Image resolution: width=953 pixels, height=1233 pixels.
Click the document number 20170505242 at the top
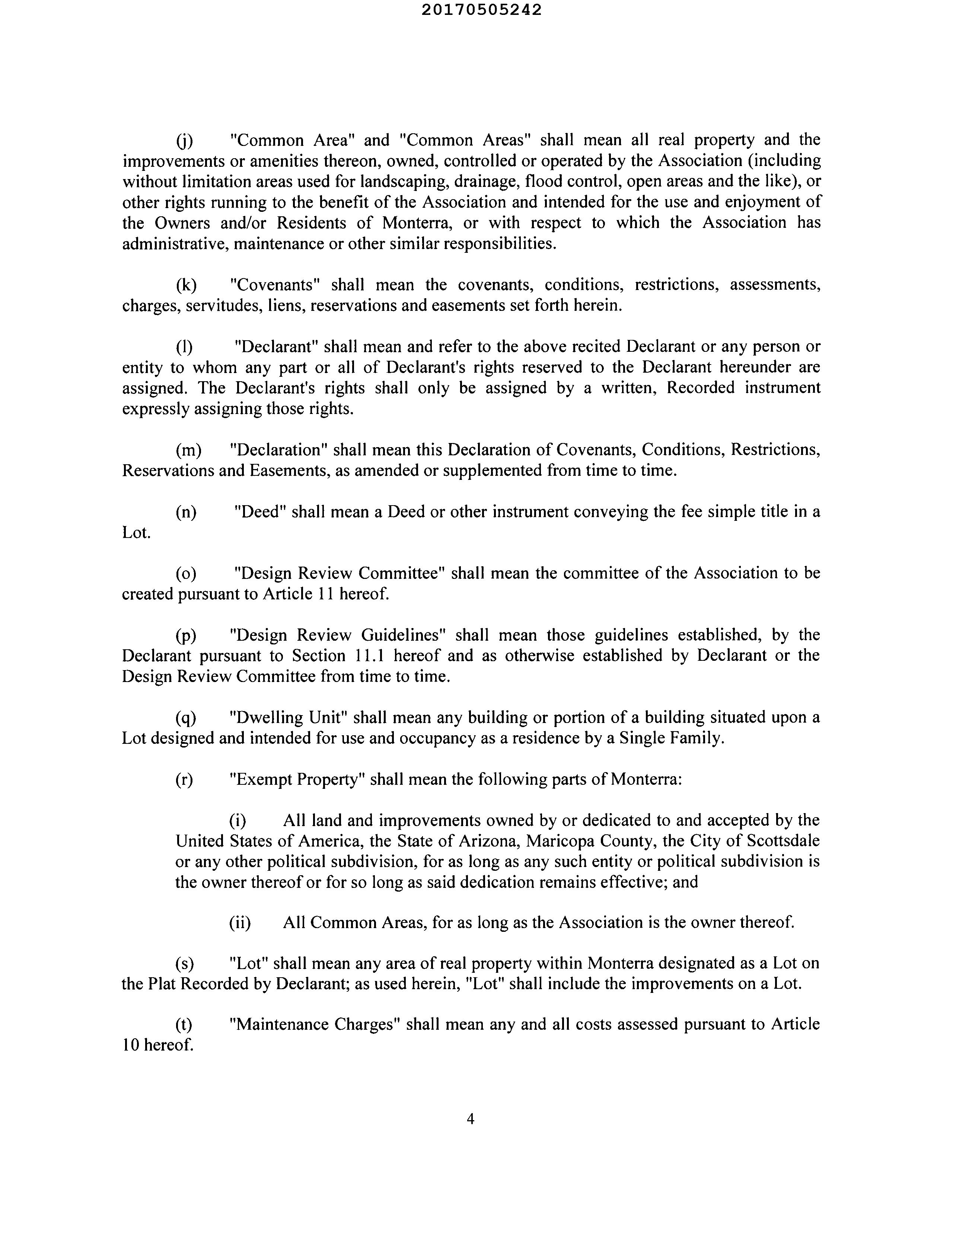pyautogui.click(x=482, y=10)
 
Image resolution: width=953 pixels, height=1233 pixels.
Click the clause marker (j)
pyautogui.click(x=185, y=140)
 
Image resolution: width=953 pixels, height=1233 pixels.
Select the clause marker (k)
pyautogui.click(x=186, y=285)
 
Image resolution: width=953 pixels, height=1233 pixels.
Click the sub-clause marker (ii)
pyautogui.click(x=240, y=923)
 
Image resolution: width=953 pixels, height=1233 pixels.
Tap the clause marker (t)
pyautogui.click(x=184, y=1024)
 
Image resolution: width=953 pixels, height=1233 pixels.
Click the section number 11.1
pyautogui.click(x=371, y=656)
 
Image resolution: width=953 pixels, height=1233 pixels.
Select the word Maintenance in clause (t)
pyautogui.click(x=278, y=1024)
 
